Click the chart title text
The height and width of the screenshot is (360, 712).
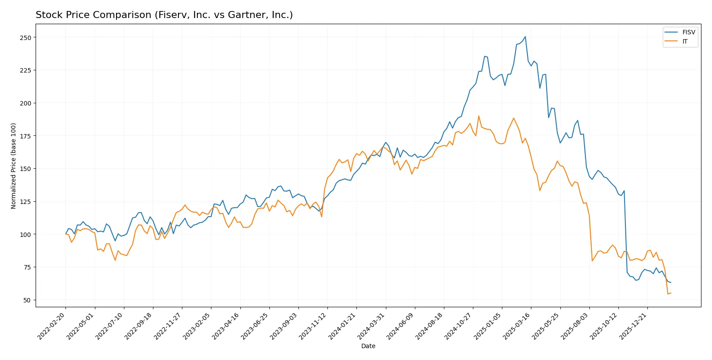pyautogui.click(x=164, y=15)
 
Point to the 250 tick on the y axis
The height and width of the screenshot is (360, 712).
pyautogui.click(x=25, y=38)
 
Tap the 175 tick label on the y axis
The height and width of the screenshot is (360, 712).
pyautogui.click(x=25, y=136)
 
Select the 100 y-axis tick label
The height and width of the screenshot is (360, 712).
pyautogui.click(x=25, y=235)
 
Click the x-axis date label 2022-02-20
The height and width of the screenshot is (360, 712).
pyautogui.click(x=52, y=326)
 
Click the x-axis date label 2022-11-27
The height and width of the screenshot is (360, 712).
pyautogui.click(x=168, y=326)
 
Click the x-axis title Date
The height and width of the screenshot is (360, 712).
pyautogui.click(x=368, y=346)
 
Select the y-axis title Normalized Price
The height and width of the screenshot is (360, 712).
pyautogui.click(x=14, y=166)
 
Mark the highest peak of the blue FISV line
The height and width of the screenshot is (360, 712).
pyautogui.click(x=525, y=37)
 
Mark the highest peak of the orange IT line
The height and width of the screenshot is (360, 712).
pyautogui.click(x=479, y=116)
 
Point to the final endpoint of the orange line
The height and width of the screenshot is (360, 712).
pyautogui.click(x=671, y=293)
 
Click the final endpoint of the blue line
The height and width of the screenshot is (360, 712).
pyautogui.click(x=671, y=283)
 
